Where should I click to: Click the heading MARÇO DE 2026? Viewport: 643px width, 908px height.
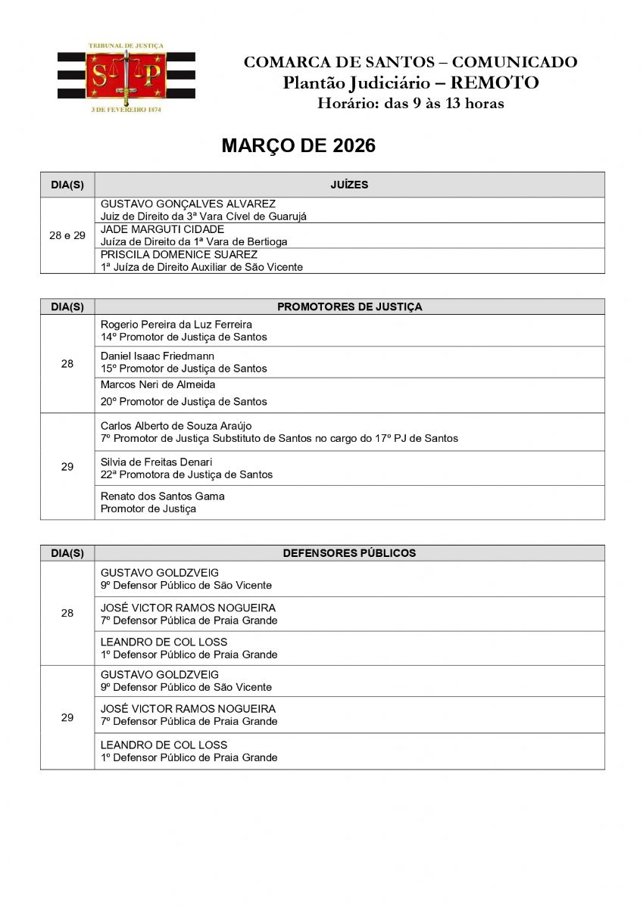coord(298,146)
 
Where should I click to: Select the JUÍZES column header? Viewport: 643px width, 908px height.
coord(349,185)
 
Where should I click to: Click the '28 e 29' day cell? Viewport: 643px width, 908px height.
coord(67,235)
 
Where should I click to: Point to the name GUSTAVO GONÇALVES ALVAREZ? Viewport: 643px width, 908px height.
coord(188,204)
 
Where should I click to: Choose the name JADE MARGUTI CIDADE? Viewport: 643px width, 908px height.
coord(162,229)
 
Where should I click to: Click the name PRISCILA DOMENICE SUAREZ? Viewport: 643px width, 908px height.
coord(179,254)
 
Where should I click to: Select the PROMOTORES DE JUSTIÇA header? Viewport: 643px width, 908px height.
coord(349,306)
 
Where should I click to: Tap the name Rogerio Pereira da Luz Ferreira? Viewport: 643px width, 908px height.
coord(176,325)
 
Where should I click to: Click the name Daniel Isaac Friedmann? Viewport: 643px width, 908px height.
coord(158,356)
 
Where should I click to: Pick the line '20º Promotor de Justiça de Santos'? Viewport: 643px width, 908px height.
coord(184,401)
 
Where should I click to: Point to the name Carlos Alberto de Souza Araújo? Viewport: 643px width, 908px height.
coord(176,426)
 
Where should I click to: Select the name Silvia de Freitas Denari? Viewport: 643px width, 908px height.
coord(156,462)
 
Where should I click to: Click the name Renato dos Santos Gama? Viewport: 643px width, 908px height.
coord(163,496)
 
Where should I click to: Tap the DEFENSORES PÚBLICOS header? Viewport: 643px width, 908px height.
coord(349,553)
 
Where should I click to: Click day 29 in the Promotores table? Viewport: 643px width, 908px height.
coord(67,467)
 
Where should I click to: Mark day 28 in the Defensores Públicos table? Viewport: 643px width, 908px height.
coord(67,613)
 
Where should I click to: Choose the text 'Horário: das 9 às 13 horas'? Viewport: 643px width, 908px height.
coord(410,104)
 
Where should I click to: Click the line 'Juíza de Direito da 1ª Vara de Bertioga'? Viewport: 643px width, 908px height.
coord(194,241)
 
